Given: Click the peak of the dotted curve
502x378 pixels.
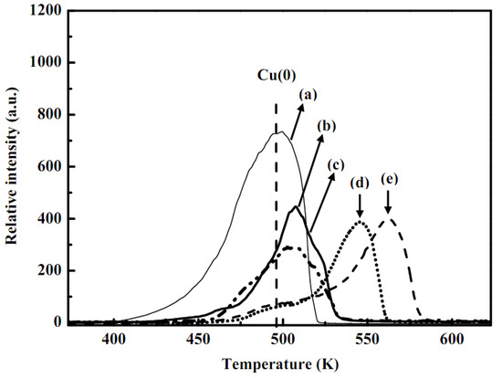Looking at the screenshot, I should pyautogui.click(x=361, y=222).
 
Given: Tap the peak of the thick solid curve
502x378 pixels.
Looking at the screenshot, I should pyautogui.click(x=297, y=207).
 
